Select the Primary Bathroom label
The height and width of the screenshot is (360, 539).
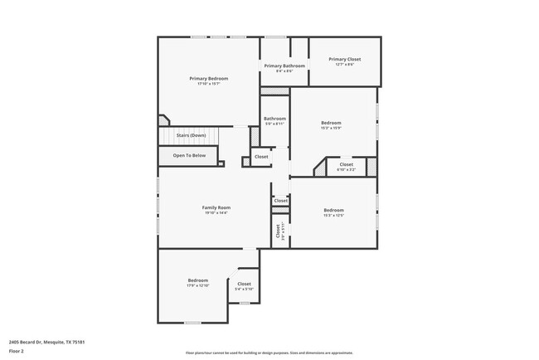pos(284,66)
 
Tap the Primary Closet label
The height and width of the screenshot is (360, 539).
pos(345,59)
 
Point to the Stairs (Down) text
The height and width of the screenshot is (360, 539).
pos(191,135)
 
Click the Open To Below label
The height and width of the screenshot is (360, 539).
pos(189,155)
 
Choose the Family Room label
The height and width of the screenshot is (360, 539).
pos(216,207)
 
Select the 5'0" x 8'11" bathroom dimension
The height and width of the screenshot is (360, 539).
pos(275,124)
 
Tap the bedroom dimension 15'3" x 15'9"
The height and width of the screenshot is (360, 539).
pos(332,129)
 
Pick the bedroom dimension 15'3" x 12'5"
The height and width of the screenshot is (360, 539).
pos(333,216)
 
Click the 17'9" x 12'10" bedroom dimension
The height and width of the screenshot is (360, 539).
pos(197,286)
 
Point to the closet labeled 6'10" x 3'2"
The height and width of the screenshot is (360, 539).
pos(346,170)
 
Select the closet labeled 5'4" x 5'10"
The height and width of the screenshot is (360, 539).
pos(244,289)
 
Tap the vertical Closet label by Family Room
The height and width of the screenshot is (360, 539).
pos(278,231)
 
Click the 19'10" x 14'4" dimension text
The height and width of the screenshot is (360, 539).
pos(216,213)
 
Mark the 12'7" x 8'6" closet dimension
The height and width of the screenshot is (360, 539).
pos(345,65)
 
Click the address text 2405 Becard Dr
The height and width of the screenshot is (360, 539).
pos(47,341)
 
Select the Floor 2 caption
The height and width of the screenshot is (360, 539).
pos(17,351)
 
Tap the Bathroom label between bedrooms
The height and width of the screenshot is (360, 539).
pos(275,119)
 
